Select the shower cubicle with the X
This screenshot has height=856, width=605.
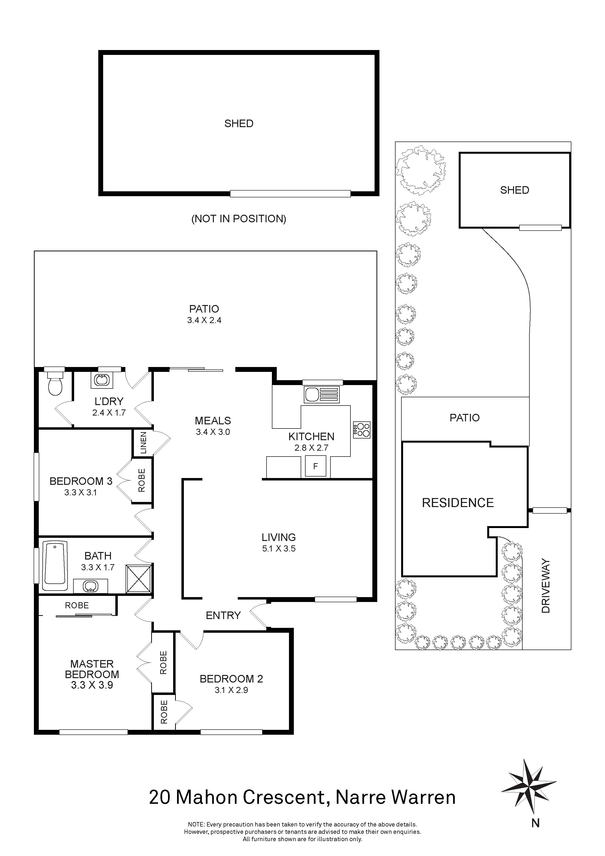tap(139, 579)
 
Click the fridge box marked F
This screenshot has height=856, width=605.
tap(315, 466)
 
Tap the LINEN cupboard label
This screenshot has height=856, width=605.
tap(143, 443)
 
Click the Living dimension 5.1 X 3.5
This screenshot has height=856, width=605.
tap(279, 549)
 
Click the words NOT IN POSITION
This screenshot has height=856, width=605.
tap(238, 219)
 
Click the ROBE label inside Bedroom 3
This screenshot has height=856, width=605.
tap(142, 480)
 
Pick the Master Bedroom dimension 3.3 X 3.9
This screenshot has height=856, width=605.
tap(92, 685)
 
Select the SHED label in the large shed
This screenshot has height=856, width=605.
tap(238, 123)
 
